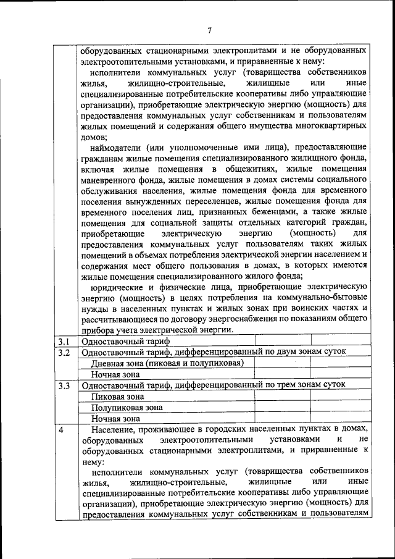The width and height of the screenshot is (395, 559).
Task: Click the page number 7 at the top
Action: pos(209,30)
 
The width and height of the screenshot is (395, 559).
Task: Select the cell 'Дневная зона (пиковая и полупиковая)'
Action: pos(164,363)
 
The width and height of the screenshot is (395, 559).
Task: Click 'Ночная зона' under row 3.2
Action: pos(115,374)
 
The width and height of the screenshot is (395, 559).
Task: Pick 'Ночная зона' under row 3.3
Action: pos(115,419)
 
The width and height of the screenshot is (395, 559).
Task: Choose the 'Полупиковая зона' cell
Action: pos(127,408)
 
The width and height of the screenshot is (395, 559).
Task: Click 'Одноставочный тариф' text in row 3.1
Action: pos(121,341)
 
